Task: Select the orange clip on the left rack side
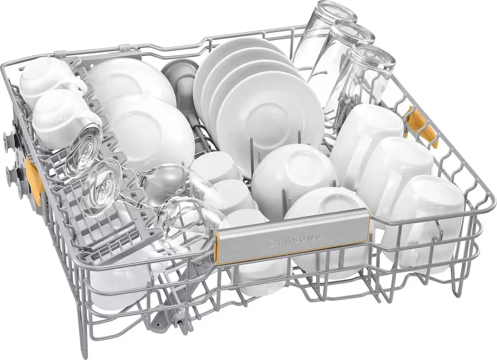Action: pos(34,177)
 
